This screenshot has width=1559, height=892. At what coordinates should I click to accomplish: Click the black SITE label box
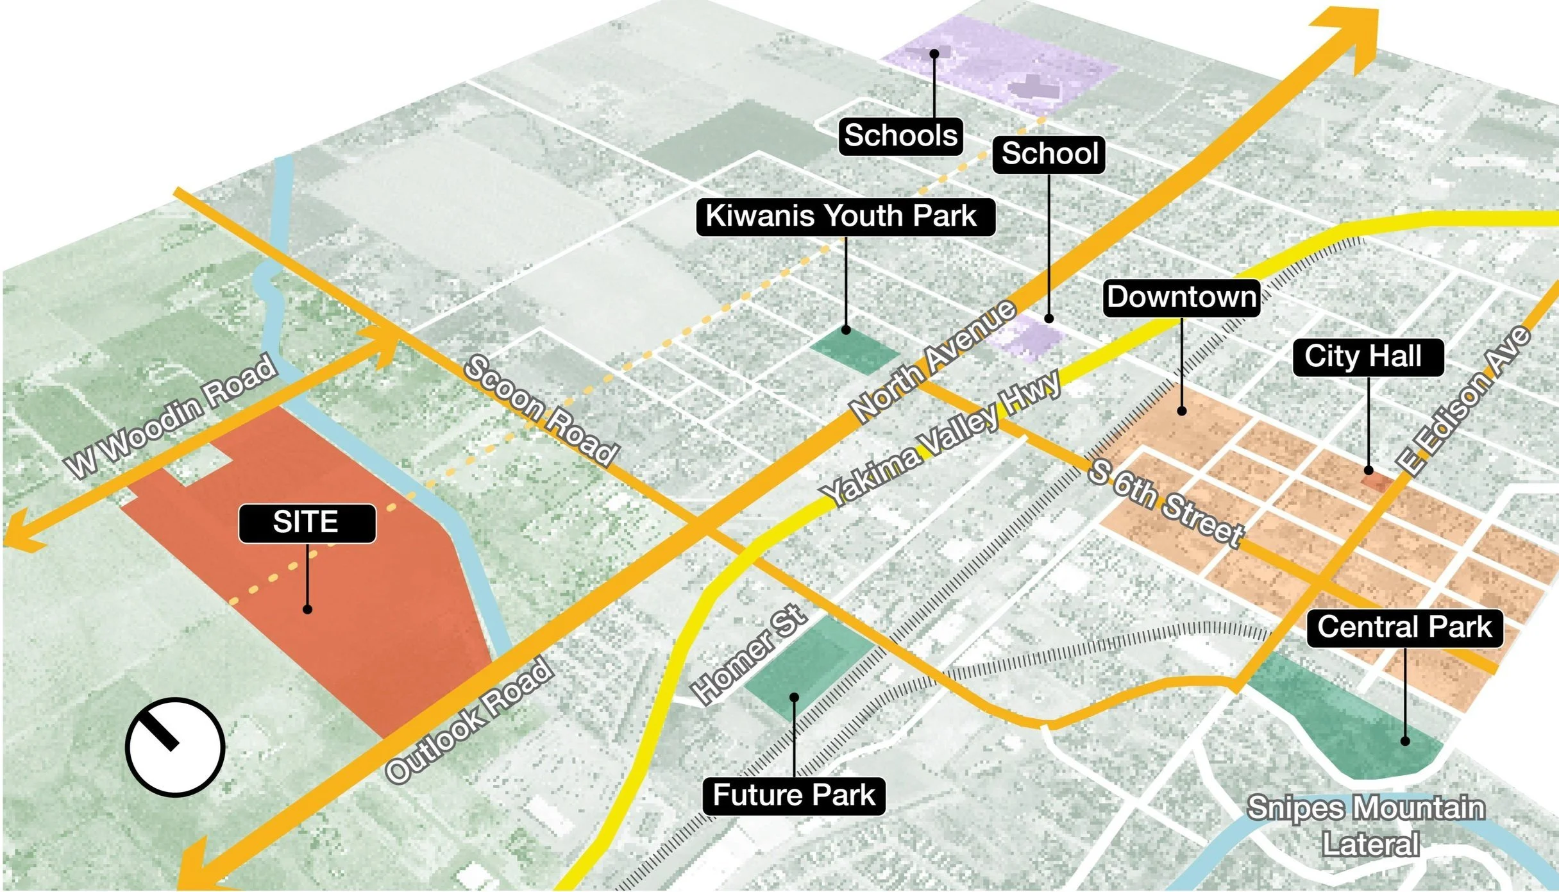[307, 523]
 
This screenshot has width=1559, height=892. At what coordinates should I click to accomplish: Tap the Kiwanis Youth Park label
[845, 216]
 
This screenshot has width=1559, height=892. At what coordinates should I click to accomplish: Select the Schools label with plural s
[900, 135]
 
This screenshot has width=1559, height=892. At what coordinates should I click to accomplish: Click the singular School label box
[1049, 154]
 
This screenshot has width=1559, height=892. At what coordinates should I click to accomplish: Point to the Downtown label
[1181, 297]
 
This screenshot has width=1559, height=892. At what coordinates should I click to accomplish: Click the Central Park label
[1404, 627]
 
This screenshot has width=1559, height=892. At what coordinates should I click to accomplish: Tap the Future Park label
[793, 796]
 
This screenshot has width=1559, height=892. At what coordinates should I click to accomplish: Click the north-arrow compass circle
[174, 746]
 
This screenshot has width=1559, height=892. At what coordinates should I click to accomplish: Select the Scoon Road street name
[540, 410]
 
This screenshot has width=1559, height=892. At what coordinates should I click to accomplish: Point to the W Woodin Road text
[172, 417]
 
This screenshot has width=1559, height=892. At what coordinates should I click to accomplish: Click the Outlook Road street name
[470, 718]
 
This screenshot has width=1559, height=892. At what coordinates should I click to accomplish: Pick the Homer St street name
[748, 654]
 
